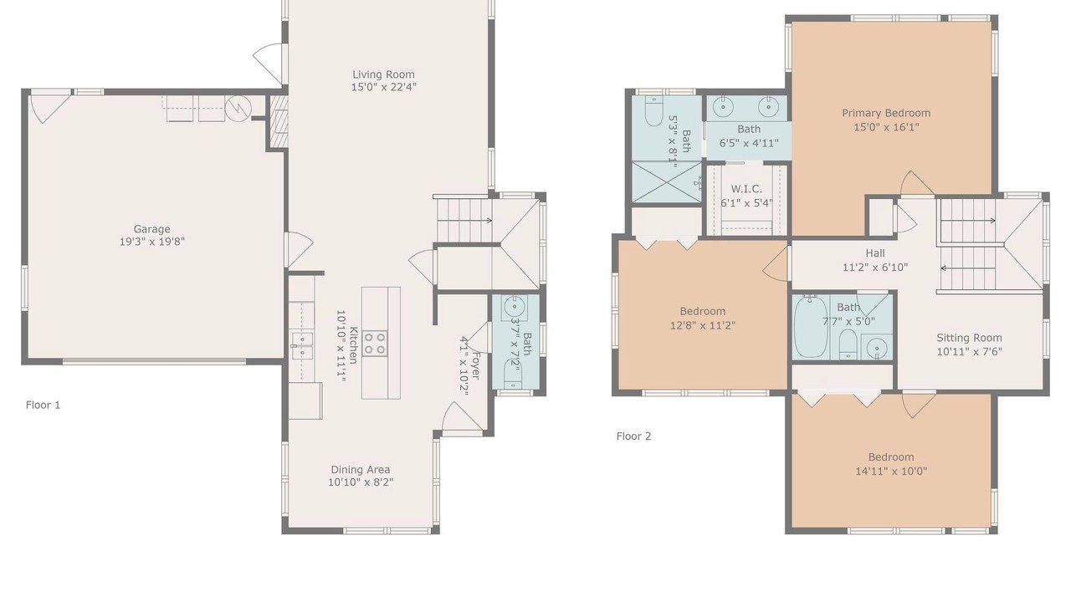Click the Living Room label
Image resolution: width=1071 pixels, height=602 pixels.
(383, 74)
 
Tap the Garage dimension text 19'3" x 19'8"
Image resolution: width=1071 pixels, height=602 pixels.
(151, 242)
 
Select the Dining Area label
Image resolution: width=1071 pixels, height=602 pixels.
(360, 470)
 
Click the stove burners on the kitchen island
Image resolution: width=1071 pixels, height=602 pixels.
(374, 343)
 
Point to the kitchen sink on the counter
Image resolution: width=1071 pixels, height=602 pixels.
(302, 346)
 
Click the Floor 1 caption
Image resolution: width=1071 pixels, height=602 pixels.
(43, 406)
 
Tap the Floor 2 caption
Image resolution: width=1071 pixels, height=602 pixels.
(633, 436)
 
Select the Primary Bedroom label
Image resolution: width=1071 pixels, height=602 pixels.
(886, 113)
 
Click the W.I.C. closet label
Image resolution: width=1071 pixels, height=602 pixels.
(746, 189)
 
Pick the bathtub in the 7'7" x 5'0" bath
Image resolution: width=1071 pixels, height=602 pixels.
(811, 327)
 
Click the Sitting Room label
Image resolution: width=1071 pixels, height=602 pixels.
(969, 338)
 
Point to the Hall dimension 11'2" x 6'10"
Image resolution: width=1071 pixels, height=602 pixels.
(875, 268)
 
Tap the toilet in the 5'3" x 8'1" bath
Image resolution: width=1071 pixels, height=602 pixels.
(653, 111)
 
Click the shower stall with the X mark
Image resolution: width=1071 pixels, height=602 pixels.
(667, 182)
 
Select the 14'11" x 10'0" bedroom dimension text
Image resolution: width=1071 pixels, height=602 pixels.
(891, 471)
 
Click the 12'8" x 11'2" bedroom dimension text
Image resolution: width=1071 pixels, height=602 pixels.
(702, 325)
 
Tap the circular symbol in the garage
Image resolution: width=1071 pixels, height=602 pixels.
(238, 109)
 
